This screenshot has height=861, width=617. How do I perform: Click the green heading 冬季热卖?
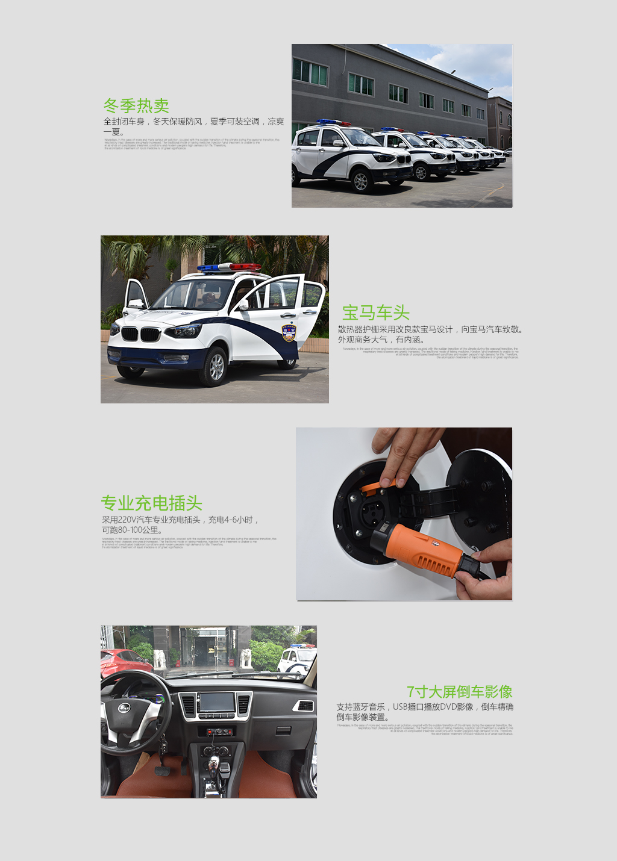pyautogui.click(x=136, y=106)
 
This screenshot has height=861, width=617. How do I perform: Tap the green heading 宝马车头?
pyautogui.click(x=376, y=313)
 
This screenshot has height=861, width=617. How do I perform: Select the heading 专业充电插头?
pyautogui.click(x=151, y=503)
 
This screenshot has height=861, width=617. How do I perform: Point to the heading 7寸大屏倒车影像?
pyautogui.click(x=459, y=692)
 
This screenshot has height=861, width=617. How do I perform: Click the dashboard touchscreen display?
pyautogui.click(x=217, y=703)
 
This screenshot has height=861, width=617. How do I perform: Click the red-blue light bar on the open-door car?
pyautogui.click(x=230, y=267)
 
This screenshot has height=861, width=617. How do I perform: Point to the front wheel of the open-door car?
pyautogui.click(x=215, y=366)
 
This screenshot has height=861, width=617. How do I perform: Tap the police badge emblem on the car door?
pyautogui.click(x=289, y=333)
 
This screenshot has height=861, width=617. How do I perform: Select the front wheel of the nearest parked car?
pyautogui.click(x=360, y=180)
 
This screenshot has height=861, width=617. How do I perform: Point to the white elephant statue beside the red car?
pyautogui.click(x=159, y=659)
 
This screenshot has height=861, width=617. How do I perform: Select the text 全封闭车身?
pyautogui.click(x=124, y=122)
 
